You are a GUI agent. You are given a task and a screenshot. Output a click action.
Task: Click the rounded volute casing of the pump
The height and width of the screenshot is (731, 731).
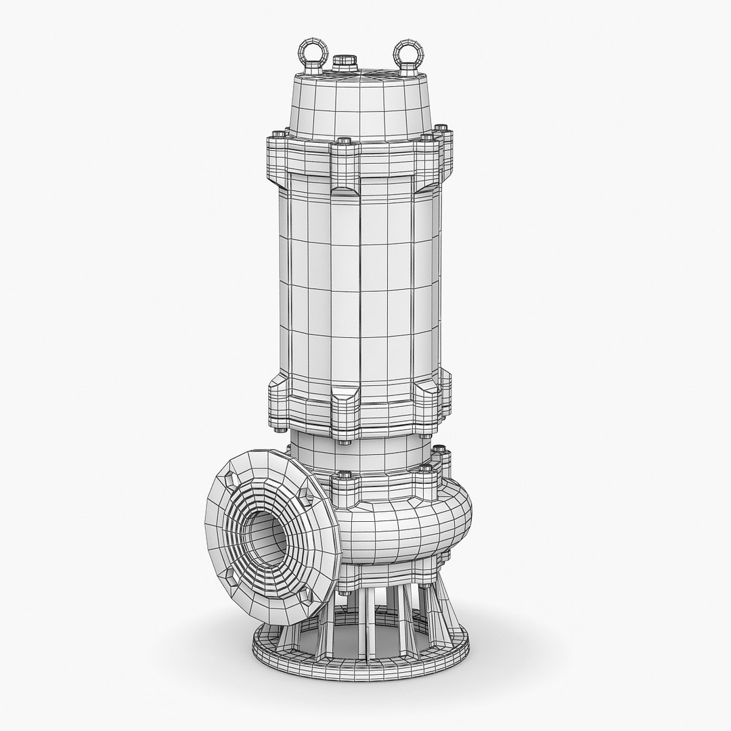(x=406, y=528)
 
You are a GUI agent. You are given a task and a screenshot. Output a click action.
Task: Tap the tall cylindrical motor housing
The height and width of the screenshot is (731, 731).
(x=359, y=284)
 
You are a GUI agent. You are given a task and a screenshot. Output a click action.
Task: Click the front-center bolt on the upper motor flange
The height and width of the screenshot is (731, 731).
(x=343, y=142)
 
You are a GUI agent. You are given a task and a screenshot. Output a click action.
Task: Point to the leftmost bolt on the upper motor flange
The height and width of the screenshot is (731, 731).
(x=275, y=133)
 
